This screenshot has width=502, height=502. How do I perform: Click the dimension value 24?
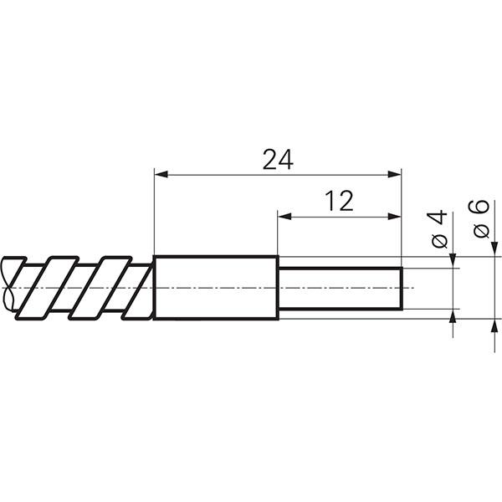[x=278, y=159]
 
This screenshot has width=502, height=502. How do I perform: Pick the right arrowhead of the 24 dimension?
[x=396, y=174]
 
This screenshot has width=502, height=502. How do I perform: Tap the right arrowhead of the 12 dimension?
[x=396, y=216]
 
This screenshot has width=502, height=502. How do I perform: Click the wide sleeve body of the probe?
[x=216, y=287]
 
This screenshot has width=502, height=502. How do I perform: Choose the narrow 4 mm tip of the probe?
[x=340, y=289]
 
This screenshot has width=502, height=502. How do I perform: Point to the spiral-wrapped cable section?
[x=79, y=287]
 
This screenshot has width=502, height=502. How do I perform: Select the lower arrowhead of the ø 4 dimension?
[x=453, y=315]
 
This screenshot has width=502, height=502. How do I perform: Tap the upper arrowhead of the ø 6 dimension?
[x=491, y=249]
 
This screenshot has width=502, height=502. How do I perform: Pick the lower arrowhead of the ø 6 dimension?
[x=491, y=325]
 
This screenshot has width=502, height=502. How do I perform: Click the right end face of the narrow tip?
[x=402, y=289]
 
